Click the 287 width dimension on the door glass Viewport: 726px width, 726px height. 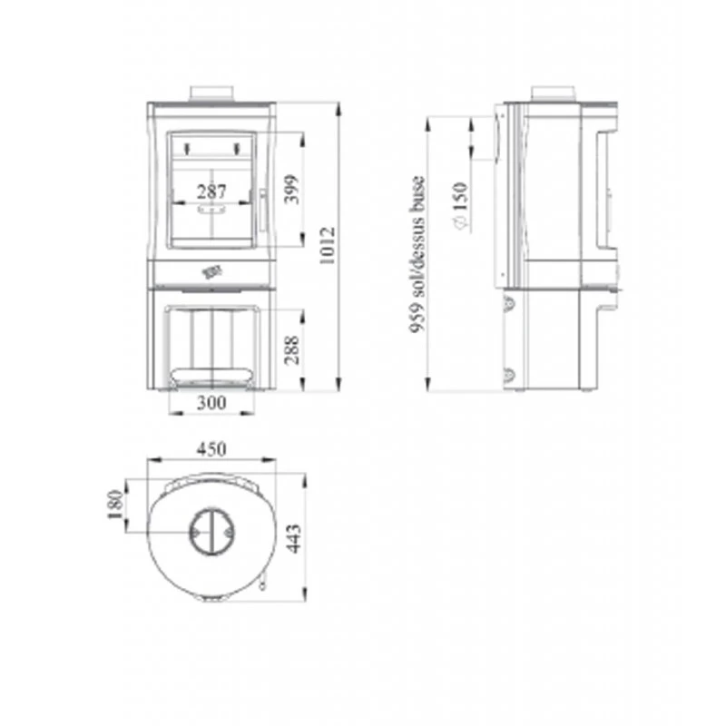coord(211,191)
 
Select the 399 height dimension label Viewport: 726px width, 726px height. coord(290,189)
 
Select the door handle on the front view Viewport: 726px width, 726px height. coord(261,210)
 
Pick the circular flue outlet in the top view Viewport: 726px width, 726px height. coord(211,531)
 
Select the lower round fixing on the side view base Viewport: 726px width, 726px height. coord(509,374)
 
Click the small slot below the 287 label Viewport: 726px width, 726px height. coord(211,208)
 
